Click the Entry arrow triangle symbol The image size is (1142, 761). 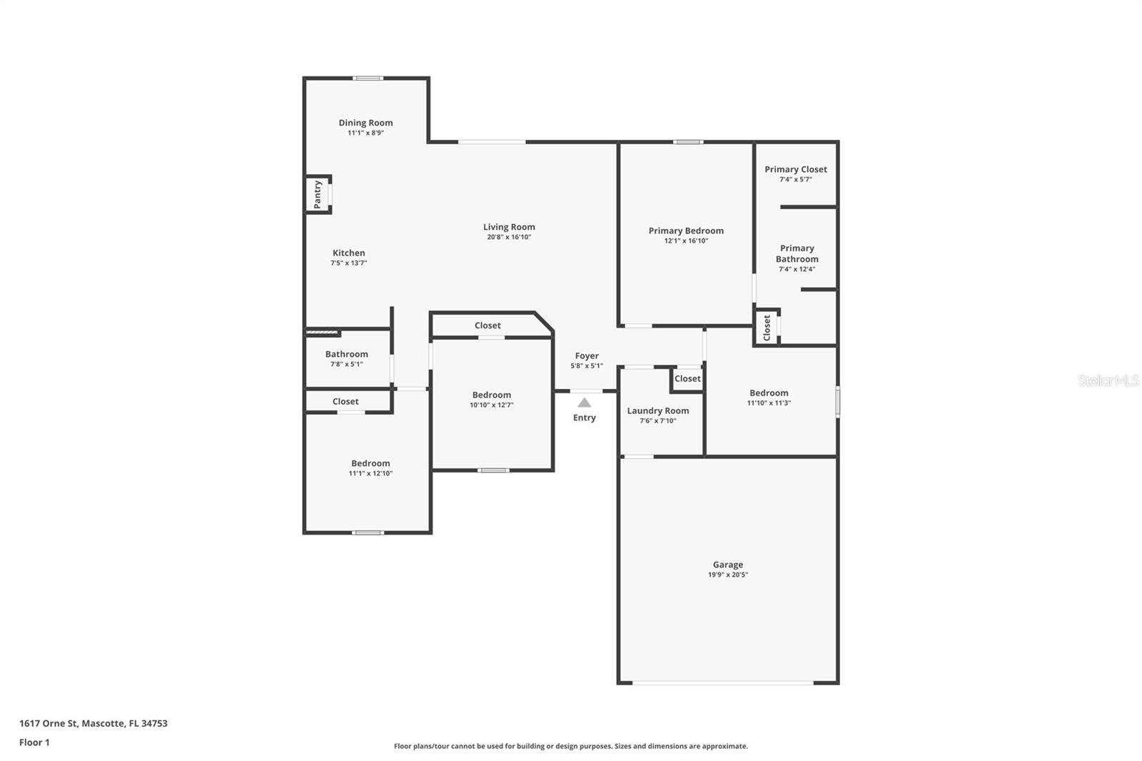click(585, 403)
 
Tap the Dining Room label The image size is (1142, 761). click(365, 123)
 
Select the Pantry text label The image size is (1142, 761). click(318, 194)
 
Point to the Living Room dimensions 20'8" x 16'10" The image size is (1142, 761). click(509, 237)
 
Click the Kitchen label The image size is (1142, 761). click(348, 253)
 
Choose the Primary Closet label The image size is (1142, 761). click(795, 169)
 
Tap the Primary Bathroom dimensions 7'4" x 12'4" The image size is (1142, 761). click(797, 269)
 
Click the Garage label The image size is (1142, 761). click(727, 565)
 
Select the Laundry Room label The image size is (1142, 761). click(657, 410)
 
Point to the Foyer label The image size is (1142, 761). click(587, 356)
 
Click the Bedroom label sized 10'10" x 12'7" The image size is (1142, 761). click(491, 395)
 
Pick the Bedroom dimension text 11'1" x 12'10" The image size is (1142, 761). click(370, 473)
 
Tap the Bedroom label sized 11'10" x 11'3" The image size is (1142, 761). click(769, 393)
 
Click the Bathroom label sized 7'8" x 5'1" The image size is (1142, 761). click(346, 354)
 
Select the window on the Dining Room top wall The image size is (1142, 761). click(368, 79)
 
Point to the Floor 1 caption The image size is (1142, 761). click(34, 742)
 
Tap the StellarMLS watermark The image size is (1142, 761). click(1108, 380)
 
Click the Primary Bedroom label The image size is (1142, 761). click(685, 231)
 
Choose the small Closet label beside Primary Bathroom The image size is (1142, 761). click(767, 328)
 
